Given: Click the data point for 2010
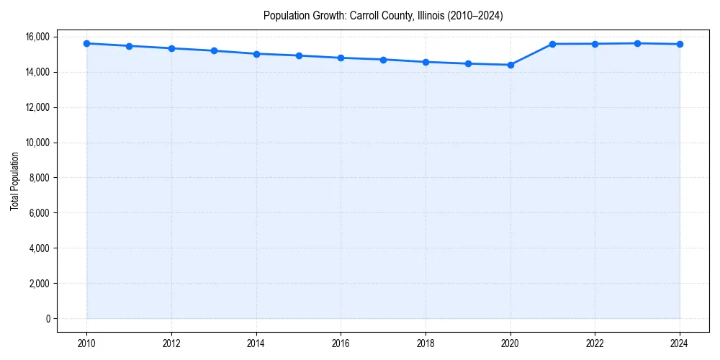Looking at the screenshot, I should click(86, 43).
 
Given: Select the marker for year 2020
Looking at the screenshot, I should click(510, 65).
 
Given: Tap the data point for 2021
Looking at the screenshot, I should click(553, 44).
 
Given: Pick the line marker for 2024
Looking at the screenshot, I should click(680, 44).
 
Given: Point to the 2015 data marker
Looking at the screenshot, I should click(299, 55).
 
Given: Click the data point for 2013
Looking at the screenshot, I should click(214, 50).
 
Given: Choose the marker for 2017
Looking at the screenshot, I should click(383, 60).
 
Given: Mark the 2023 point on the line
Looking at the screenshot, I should click(637, 43).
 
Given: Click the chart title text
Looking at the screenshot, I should click(383, 15).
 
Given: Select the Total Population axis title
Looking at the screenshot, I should click(14, 181).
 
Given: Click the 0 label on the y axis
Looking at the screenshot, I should click(47, 319).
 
